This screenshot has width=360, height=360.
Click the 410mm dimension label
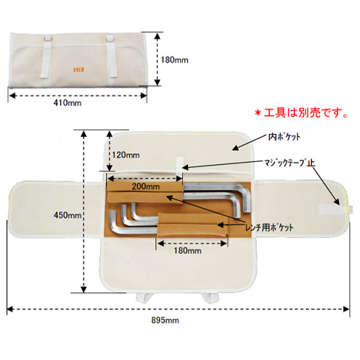click(x=68, y=103)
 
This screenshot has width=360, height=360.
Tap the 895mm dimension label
click(x=165, y=320)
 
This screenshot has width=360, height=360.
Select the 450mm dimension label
click(x=68, y=215)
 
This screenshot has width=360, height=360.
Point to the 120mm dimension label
click(x=126, y=155)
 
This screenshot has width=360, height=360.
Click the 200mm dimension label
click(x=145, y=186)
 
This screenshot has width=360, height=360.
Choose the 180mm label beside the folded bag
click(x=174, y=60)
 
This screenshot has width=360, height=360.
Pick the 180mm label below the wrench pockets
click(x=188, y=251)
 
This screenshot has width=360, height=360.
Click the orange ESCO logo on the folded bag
click(x=78, y=70)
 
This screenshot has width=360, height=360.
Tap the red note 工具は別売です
click(x=302, y=112)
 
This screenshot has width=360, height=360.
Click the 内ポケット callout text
click(x=284, y=137)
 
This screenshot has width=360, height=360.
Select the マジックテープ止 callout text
click(x=289, y=163)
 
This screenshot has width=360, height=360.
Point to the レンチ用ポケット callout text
click(x=269, y=228)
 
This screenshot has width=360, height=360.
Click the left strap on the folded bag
click(x=46, y=58)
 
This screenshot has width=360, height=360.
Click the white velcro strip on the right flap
click(x=329, y=209)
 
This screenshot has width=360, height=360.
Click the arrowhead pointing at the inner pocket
click(x=236, y=148)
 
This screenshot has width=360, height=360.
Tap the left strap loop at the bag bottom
click(x=144, y=297)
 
